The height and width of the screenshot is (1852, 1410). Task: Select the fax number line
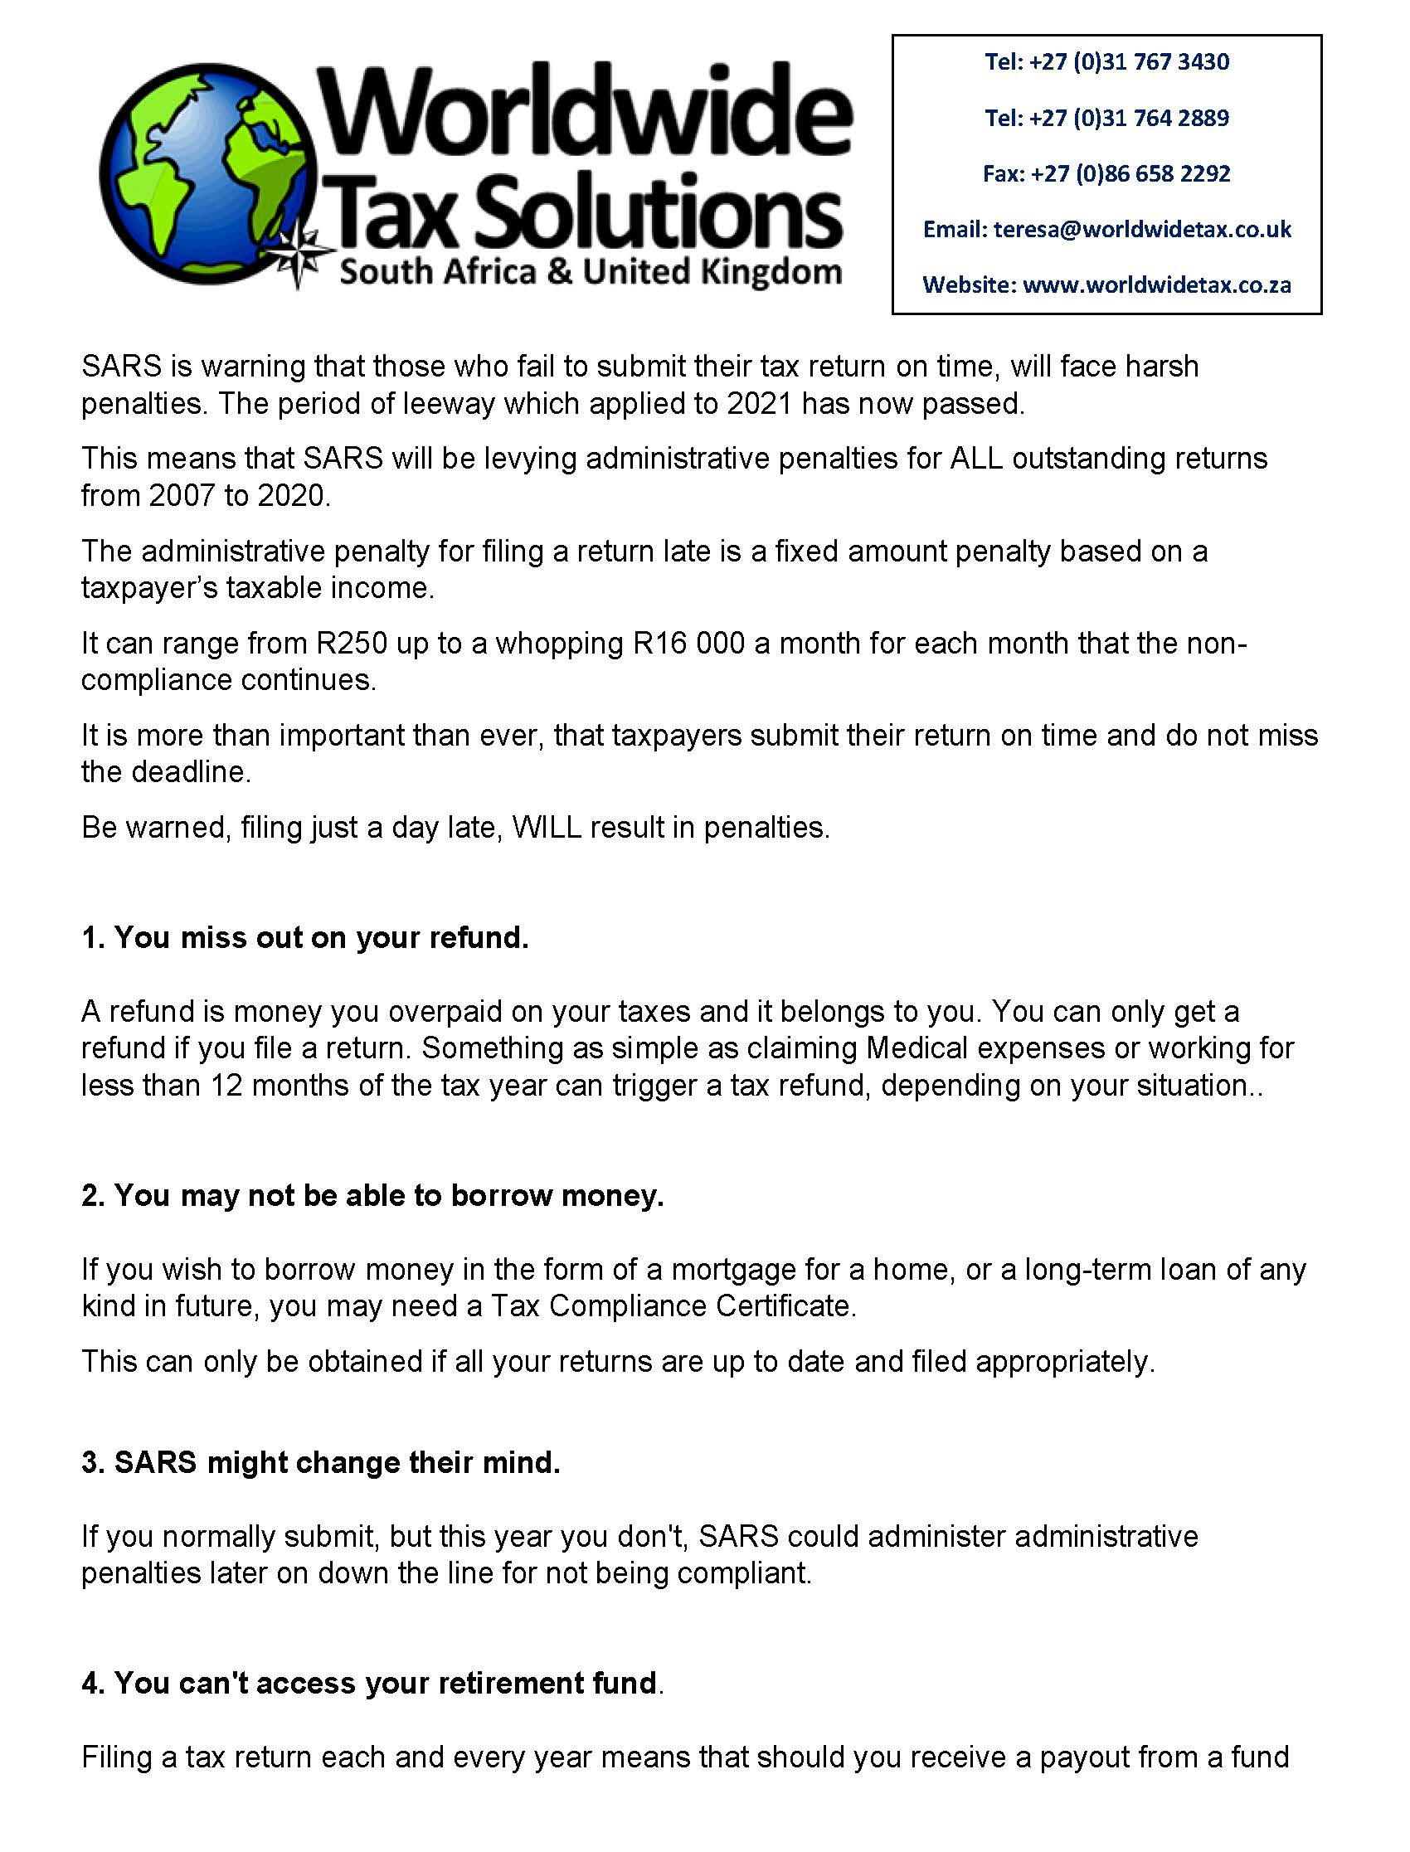pyautogui.click(x=1106, y=173)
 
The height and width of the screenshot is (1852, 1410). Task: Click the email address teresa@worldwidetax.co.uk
pyautogui.click(x=1141, y=229)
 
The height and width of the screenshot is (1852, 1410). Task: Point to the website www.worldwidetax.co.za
pyautogui.click(x=1156, y=285)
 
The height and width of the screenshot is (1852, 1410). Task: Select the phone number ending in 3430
pyautogui.click(x=1106, y=62)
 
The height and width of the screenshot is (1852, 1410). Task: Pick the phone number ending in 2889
pyautogui.click(x=1106, y=118)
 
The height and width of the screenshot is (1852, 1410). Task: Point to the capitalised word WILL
pyautogui.click(x=547, y=829)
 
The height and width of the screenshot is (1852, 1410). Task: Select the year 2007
pyautogui.click(x=182, y=496)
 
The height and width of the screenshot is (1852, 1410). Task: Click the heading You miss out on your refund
pyautogui.click(x=305, y=937)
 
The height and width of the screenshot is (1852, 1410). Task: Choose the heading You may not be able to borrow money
pyautogui.click(x=372, y=1195)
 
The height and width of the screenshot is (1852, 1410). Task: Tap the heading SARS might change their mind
pyautogui.click(x=322, y=1463)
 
